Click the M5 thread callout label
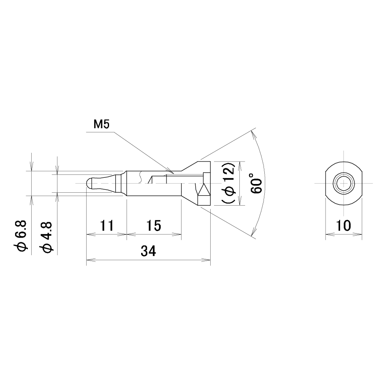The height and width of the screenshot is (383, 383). click(x=101, y=124)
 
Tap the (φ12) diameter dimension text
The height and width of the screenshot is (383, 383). click(x=229, y=183)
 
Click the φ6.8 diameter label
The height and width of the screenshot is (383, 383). click(x=21, y=236)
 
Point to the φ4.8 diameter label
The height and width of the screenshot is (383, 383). click(x=46, y=237)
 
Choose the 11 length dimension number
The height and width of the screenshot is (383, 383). click(x=107, y=225)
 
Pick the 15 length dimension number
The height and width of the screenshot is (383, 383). click(x=154, y=225)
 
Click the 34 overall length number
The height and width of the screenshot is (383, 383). click(x=148, y=251)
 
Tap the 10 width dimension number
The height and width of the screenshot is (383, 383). click(x=343, y=225)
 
